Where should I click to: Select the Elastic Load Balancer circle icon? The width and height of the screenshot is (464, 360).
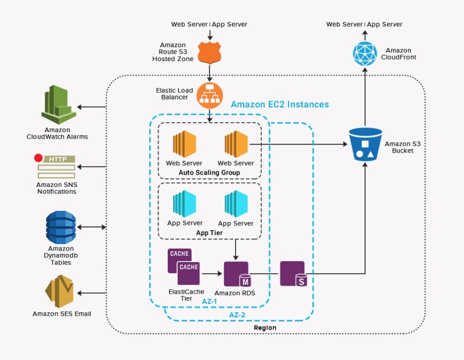(209, 97)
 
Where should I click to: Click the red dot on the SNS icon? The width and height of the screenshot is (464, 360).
(38, 158)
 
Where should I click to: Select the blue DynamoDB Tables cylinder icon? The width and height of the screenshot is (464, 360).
(60, 227)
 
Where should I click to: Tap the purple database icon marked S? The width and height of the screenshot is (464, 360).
(292, 273)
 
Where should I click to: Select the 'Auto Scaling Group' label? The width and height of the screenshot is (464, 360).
(209, 172)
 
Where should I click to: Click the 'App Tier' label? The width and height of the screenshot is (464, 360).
(209, 233)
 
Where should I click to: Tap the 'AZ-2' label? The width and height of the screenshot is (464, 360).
(237, 314)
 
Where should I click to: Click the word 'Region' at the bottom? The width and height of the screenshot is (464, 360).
(265, 328)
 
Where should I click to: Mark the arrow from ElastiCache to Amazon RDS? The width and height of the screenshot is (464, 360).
(211, 272)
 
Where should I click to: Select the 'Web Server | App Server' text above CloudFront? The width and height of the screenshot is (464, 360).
(364, 25)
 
